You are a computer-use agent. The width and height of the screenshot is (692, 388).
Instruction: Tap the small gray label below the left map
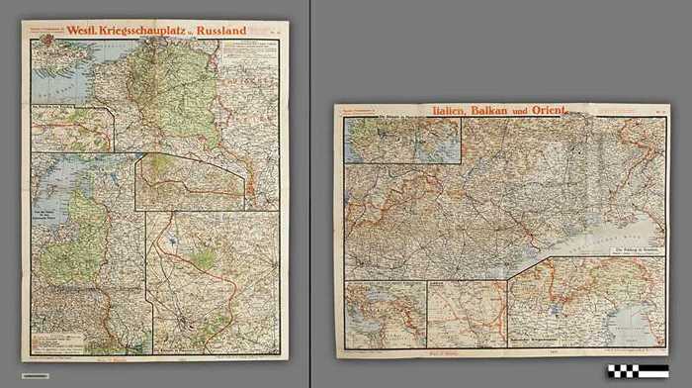point(35,375)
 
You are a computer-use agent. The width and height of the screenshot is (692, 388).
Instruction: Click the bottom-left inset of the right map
point(387,314)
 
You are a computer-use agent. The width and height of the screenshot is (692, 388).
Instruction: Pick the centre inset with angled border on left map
point(188,181)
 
